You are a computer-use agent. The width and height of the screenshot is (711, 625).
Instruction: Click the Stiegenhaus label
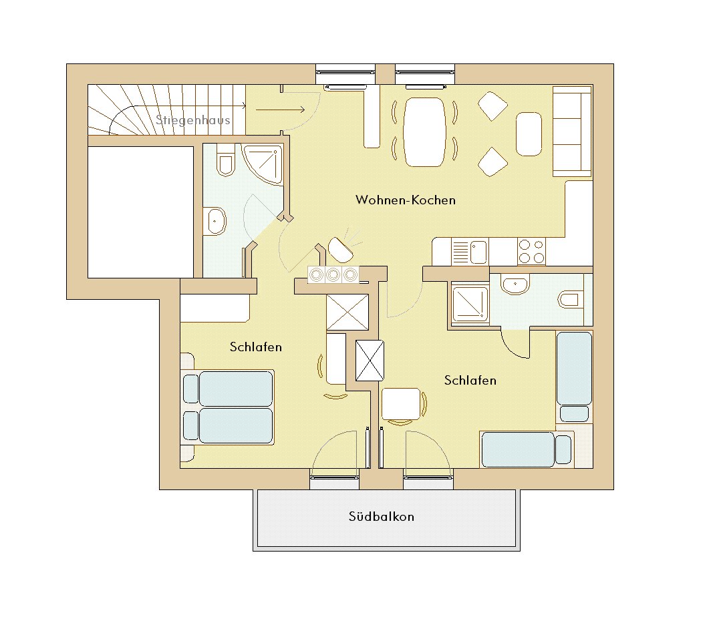tap(192, 120)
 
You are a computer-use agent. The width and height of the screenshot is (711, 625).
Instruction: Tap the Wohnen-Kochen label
tap(406, 200)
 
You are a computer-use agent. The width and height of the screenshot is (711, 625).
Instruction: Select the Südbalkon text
tap(382, 516)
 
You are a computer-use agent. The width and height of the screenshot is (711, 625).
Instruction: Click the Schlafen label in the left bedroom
tap(256, 347)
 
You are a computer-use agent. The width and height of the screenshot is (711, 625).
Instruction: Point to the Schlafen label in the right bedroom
tap(470, 380)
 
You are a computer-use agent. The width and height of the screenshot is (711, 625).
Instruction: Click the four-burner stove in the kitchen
tap(531, 251)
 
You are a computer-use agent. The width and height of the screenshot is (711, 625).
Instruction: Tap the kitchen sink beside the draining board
tap(478, 252)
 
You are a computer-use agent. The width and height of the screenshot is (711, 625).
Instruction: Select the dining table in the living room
tap(424, 132)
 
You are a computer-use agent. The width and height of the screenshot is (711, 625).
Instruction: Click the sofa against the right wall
tap(572, 131)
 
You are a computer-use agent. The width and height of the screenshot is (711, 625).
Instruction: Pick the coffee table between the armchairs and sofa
tap(529, 134)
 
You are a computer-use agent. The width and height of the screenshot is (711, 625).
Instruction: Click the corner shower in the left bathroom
tap(262, 164)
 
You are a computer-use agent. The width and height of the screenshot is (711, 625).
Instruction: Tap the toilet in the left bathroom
tap(225, 160)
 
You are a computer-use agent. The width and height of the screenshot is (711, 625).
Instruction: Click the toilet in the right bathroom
tap(570, 300)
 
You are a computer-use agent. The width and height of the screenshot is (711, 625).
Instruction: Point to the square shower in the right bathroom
tap(470, 303)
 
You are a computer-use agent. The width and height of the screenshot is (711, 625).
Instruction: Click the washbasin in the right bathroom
tap(515, 284)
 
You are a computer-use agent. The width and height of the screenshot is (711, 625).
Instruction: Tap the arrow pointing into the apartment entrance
tap(280, 110)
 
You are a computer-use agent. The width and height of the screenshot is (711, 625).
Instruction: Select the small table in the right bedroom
tap(401, 404)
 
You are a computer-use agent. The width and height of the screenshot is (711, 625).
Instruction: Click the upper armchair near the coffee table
tap(492, 106)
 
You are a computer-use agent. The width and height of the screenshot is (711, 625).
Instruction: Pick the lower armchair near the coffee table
tap(492, 162)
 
